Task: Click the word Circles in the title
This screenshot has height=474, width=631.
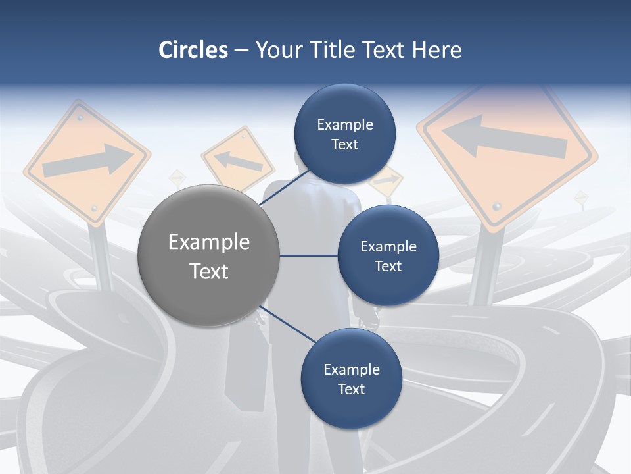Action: point(193,50)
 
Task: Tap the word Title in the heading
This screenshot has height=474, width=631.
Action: point(333,50)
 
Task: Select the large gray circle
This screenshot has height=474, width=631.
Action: point(209,255)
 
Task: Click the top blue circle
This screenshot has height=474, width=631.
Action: point(344,134)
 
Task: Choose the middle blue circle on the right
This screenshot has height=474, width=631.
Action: point(388,255)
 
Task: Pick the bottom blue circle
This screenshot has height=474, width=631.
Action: point(351,379)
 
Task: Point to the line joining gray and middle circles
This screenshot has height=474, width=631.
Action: point(309,255)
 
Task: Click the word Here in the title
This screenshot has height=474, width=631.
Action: point(436,50)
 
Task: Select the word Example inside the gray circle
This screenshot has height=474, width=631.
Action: point(209,242)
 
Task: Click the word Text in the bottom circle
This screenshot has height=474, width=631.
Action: point(351,389)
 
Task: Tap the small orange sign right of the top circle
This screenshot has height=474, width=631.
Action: point(386,180)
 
